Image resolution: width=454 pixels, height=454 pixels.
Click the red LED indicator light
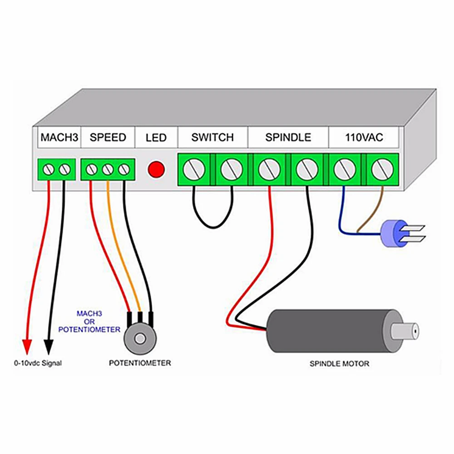pyautogui.click(x=156, y=169)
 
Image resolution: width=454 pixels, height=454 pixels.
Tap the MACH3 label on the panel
pyautogui.click(x=59, y=137)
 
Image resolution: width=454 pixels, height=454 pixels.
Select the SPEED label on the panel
pyautogui.click(x=108, y=137)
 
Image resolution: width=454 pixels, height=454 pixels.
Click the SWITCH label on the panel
pyautogui.click(x=212, y=137)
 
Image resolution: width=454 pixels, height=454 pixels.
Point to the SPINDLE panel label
pyautogui.click(x=288, y=137)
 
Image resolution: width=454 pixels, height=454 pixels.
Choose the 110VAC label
pyautogui.click(x=364, y=137)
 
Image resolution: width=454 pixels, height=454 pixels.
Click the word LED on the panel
pyautogui.click(x=156, y=138)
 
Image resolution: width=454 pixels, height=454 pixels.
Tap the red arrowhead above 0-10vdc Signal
pyautogui.click(x=27, y=346)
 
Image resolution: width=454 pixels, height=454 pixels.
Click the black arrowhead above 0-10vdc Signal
pyautogui.click(x=49, y=346)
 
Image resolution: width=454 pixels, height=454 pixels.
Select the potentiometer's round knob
pyautogui.click(x=140, y=339)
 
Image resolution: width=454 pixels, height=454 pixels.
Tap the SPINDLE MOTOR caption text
pyautogui.click(x=339, y=364)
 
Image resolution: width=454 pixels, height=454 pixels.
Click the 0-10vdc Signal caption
pyautogui.click(x=38, y=363)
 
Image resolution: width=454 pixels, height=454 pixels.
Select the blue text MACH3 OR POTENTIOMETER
pyautogui.click(x=89, y=321)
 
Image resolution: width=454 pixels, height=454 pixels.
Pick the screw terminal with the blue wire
pyautogui.click(x=345, y=169)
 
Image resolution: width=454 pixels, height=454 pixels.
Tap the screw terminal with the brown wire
pyautogui.click(x=382, y=169)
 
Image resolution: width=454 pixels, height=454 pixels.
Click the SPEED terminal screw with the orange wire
pyautogui.click(x=108, y=169)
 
